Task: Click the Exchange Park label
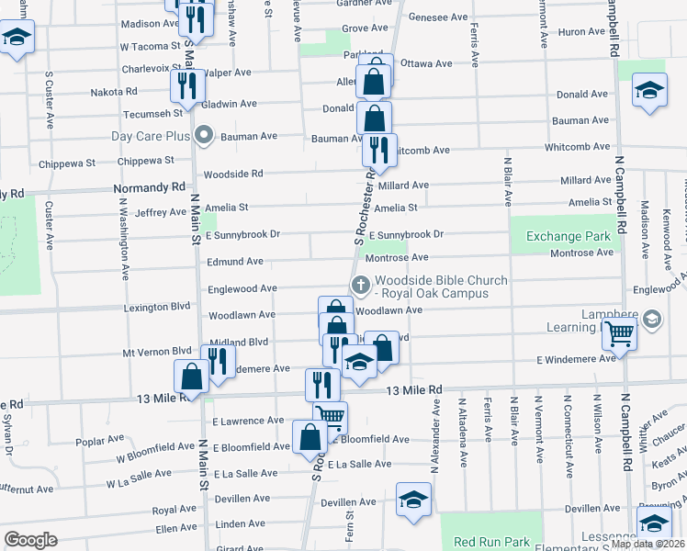point(569,237)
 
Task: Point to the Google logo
point(30,540)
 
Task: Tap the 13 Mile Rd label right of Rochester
point(414,390)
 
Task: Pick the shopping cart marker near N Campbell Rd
point(620,334)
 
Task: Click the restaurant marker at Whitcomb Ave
point(379,149)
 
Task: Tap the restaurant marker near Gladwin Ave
point(186,86)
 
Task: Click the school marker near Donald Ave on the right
point(649,92)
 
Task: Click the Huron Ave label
point(581,32)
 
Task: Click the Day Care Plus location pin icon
point(204,137)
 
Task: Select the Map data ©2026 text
point(648,544)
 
